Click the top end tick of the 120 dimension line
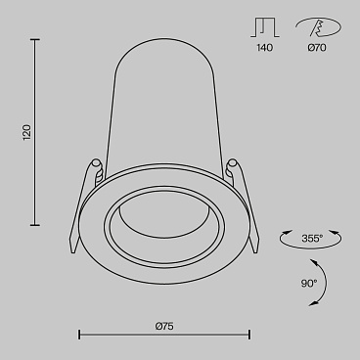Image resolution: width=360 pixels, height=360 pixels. tap(37, 40)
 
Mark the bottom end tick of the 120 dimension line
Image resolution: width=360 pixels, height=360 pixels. tap(37, 223)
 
